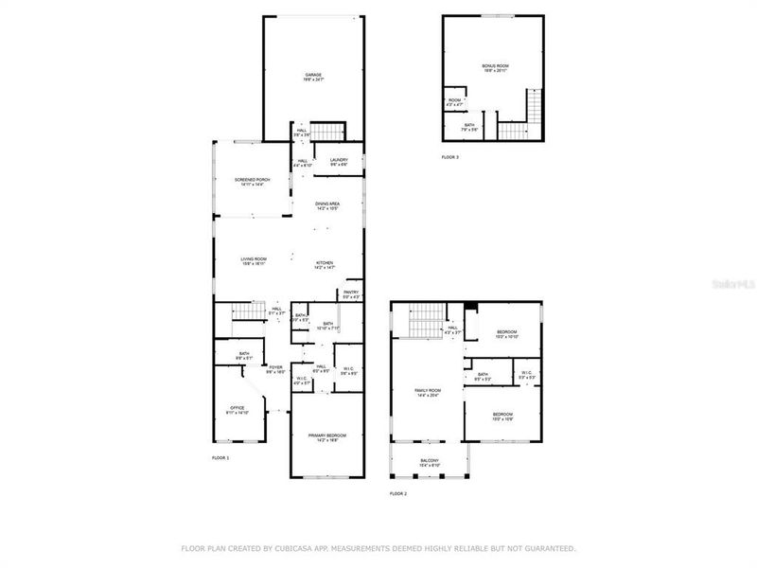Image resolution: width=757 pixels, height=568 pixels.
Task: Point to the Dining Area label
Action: click(x=327, y=205)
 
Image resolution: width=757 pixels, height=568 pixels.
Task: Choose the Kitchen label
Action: click(x=325, y=265)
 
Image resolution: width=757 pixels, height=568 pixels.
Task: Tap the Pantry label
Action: click(x=351, y=294)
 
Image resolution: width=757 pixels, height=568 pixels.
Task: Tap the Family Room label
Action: click(x=429, y=393)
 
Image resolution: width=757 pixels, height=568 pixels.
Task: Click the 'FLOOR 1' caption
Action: click(x=220, y=458)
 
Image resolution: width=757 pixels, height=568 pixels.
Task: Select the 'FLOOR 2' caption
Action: click(x=398, y=494)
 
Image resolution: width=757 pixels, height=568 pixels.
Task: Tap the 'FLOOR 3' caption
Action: click(x=450, y=157)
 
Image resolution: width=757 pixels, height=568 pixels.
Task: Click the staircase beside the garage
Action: click(x=327, y=131)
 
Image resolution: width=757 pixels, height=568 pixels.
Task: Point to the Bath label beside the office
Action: click(x=244, y=355)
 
